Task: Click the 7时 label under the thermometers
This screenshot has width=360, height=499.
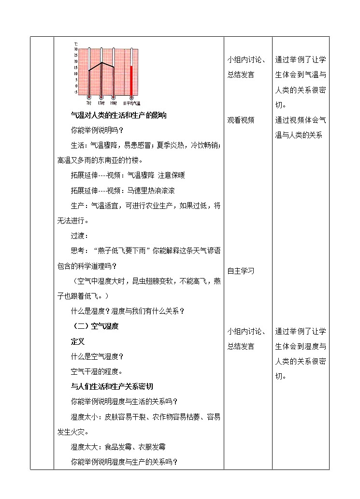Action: coord(88,103)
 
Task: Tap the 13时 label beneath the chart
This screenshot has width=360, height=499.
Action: coord(101,103)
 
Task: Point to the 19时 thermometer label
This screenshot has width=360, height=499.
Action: coord(114,103)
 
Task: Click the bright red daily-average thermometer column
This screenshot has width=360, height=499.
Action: coord(131,80)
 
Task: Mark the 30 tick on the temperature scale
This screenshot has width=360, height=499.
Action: coord(75,49)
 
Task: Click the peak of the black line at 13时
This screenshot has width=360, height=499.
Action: coord(101,63)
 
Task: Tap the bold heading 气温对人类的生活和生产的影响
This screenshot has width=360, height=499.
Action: coord(118,116)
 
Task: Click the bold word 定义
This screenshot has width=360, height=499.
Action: coord(78,341)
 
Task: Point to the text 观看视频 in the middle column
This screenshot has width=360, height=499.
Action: coord(241,120)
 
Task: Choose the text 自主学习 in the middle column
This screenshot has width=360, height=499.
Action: coord(241,271)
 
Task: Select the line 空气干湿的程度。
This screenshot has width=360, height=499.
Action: coord(96,371)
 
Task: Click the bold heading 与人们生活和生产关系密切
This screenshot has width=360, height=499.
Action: coord(112,386)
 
